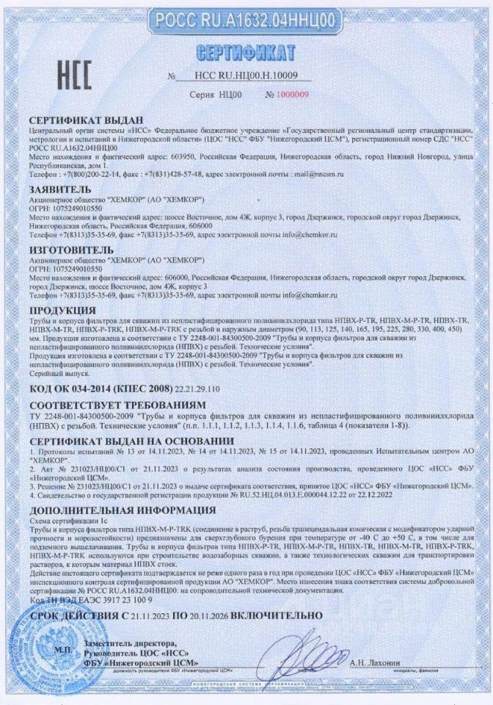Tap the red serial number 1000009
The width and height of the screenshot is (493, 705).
pos(292,95)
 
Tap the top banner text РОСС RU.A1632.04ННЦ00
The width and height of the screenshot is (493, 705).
pos(246,16)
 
